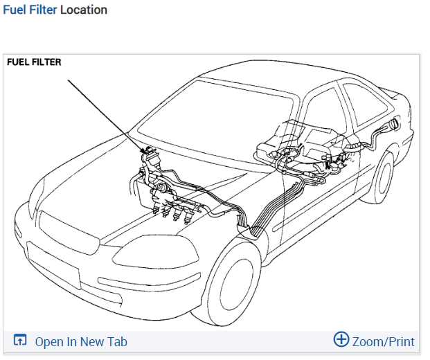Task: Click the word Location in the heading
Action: (x=84, y=10)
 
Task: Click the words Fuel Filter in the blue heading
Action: (x=30, y=10)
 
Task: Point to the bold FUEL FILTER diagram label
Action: (x=34, y=62)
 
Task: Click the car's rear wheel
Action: (x=380, y=177)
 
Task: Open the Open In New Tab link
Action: (x=81, y=341)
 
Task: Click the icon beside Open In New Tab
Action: (x=20, y=341)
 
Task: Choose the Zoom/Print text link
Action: (x=383, y=341)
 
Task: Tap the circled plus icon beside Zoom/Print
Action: (x=341, y=340)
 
